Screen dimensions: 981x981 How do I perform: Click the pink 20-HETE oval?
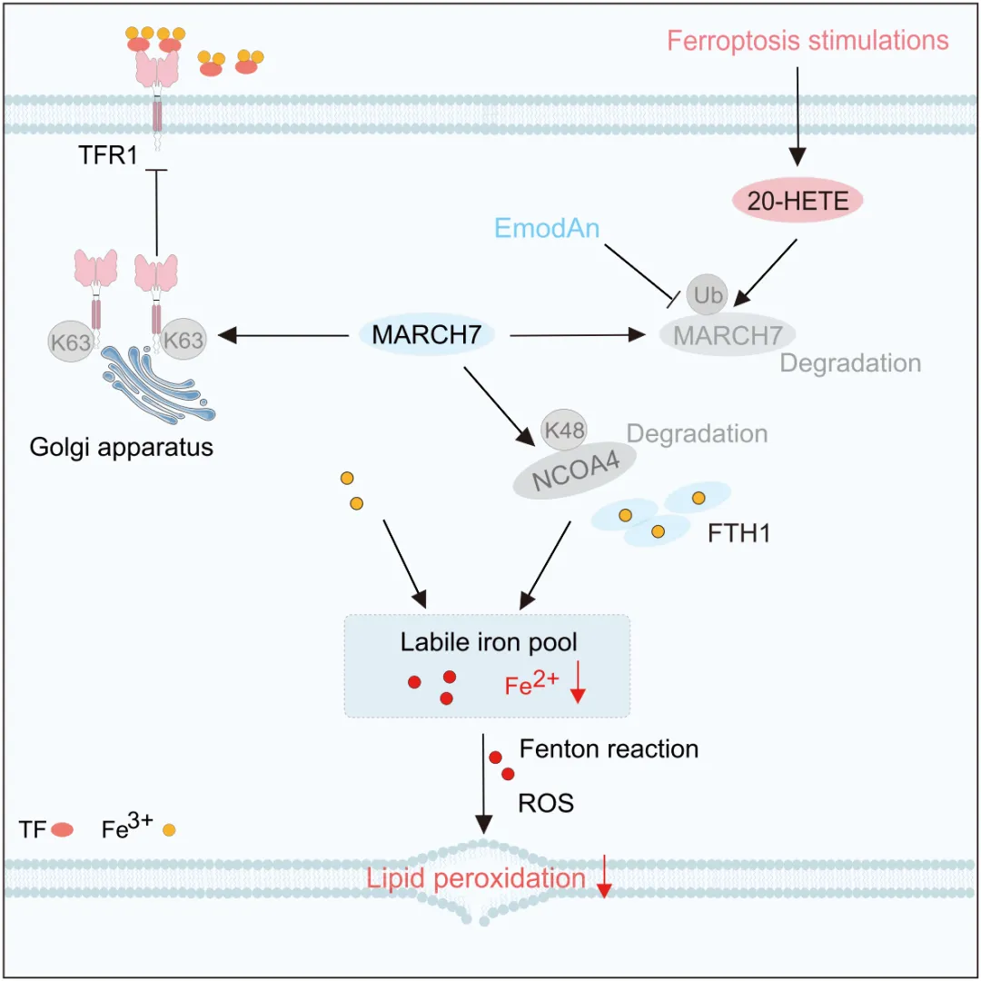[x=798, y=200]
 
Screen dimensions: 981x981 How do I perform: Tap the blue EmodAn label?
[x=547, y=228]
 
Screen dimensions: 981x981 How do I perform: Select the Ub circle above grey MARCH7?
[x=707, y=294]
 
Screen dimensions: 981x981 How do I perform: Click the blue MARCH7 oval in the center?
[x=427, y=334]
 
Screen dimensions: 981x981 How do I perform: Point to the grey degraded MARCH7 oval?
[x=727, y=334]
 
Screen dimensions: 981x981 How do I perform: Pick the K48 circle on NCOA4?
[x=564, y=430]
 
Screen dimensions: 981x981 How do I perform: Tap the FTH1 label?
[x=738, y=533]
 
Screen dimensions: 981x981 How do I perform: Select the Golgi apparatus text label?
[x=122, y=448]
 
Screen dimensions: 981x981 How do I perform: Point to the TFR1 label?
[x=107, y=155]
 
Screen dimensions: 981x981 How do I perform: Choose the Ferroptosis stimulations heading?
[x=808, y=41]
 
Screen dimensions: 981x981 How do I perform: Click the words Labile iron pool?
[x=489, y=642]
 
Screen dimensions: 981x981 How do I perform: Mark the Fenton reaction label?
[x=609, y=748]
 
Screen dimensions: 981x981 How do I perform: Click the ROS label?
[x=546, y=803]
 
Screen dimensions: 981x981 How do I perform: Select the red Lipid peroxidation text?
[x=475, y=878]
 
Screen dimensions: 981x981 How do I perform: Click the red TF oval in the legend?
[x=62, y=830]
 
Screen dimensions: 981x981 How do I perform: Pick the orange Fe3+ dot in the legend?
[x=169, y=830]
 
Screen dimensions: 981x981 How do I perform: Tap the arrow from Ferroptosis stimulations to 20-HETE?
[x=798, y=117]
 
